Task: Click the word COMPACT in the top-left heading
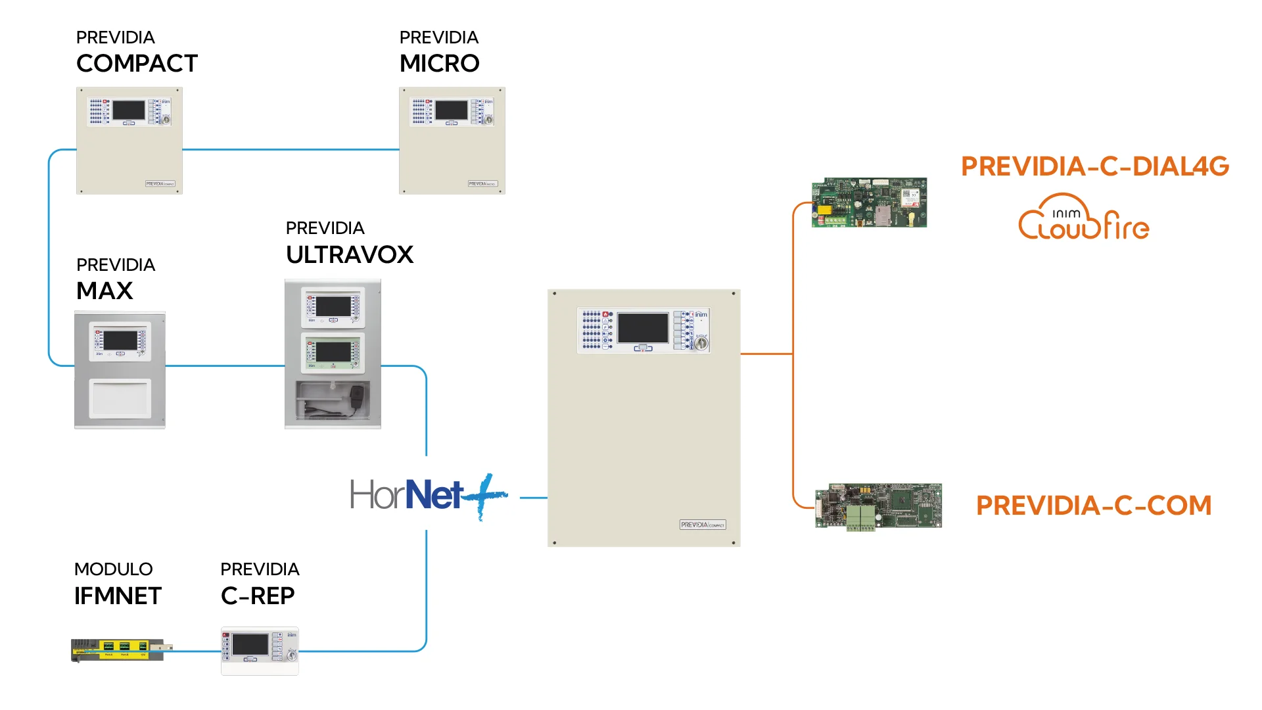click(x=137, y=64)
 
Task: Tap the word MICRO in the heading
click(x=439, y=64)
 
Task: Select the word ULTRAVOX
click(x=349, y=255)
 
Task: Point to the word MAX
click(x=105, y=291)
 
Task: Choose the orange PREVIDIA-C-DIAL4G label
click(x=1094, y=166)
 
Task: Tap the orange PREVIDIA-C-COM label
click(x=1094, y=506)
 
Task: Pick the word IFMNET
click(x=118, y=596)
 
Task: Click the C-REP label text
click(x=258, y=596)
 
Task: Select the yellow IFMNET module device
click(x=118, y=650)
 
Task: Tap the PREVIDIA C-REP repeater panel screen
click(x=250, y=644)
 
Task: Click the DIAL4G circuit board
click(x=869, y=202)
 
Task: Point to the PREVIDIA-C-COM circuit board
click(x=878, y=506)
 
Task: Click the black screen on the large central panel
click(x=643, y=327)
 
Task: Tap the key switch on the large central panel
click(x=701, y=343)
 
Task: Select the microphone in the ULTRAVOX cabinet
click(x=357, y=397)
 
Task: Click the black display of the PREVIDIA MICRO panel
click(x=452, y=110)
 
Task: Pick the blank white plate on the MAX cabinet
click(x=120, y=398)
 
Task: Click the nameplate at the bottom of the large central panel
click(x=703, y=525)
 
